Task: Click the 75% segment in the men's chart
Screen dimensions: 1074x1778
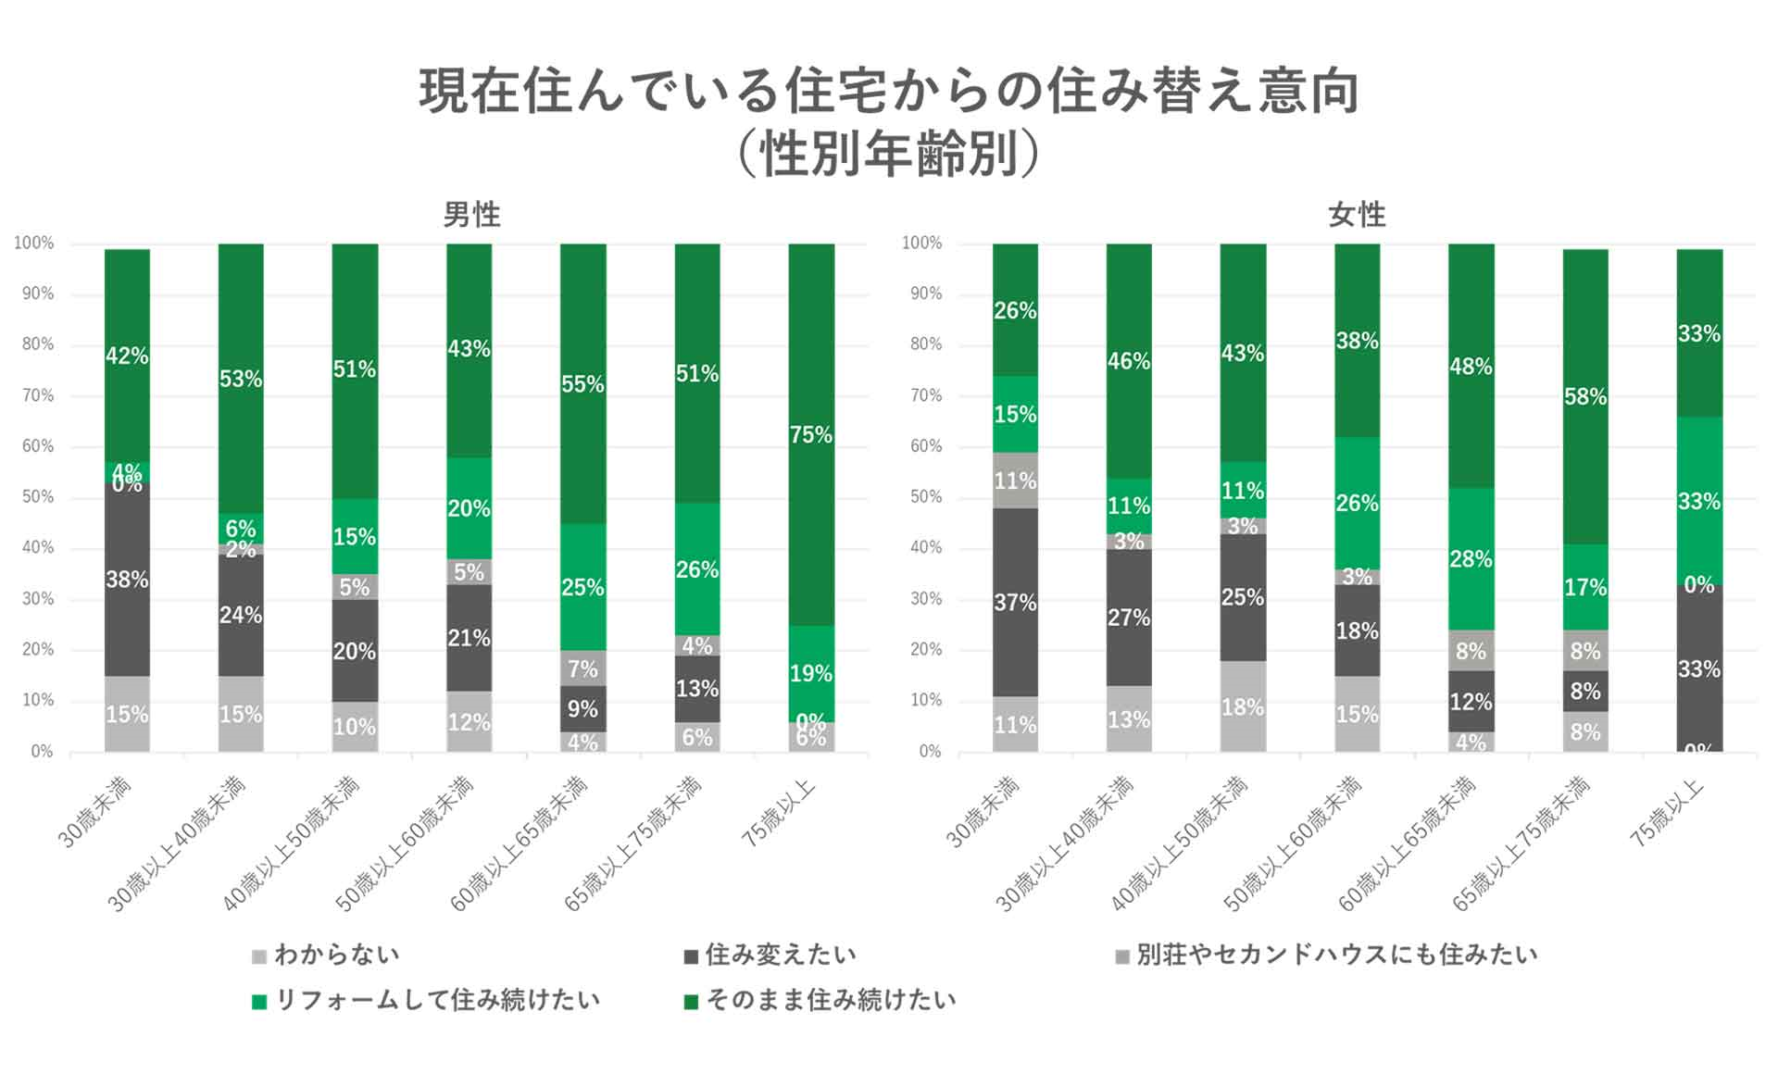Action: [x=811, y=434]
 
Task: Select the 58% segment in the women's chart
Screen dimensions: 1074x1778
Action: [x=1584, y=396]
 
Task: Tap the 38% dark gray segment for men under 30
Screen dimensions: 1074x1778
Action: [x=127, y=580]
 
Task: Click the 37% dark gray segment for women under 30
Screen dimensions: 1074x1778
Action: [x=1015, y=602]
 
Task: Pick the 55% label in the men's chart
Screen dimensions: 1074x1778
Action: [x=582, y=383]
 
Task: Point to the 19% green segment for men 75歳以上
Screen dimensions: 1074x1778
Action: [x=811, y=673]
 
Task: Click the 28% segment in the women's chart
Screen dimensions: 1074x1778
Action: [x=1471, y=559]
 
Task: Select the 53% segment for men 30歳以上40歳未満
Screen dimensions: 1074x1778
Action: [x=241, y=379]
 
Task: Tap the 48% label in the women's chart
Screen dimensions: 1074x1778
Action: [x=1471, y=367]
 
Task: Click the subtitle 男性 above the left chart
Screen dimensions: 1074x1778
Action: [x=471, y=215]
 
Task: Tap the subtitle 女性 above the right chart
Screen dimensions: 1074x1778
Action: [x=1357, y=215]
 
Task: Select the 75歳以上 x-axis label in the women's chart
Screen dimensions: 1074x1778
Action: [x=1668, y=813]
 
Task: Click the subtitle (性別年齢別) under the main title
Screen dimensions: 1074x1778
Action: [x=888, y=154]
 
